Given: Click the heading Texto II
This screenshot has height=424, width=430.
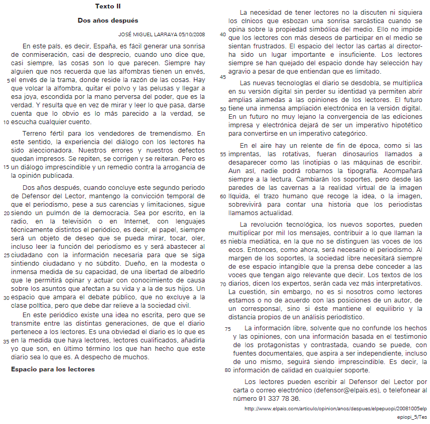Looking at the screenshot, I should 107,6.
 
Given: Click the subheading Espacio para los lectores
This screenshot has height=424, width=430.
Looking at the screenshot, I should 53,369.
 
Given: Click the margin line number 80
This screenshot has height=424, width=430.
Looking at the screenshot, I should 228,370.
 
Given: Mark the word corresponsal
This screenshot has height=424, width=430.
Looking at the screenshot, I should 261,308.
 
